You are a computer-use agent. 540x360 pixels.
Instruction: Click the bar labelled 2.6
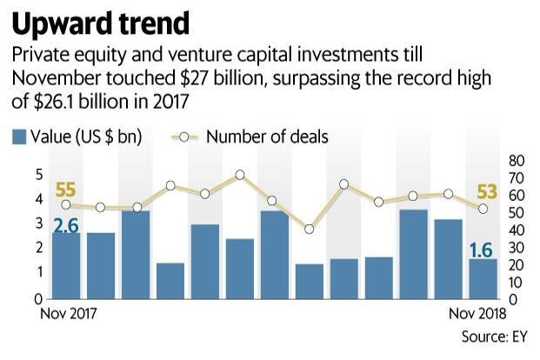65,264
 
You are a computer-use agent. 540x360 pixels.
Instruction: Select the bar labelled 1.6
483,277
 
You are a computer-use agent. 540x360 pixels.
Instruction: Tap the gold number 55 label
65,190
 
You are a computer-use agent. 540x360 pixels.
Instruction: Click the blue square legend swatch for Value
19,136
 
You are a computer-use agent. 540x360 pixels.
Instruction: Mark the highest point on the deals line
239,175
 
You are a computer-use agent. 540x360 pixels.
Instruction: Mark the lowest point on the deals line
309,230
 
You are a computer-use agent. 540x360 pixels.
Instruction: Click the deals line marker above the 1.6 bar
483,209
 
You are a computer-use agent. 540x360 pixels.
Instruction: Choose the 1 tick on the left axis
39,272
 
